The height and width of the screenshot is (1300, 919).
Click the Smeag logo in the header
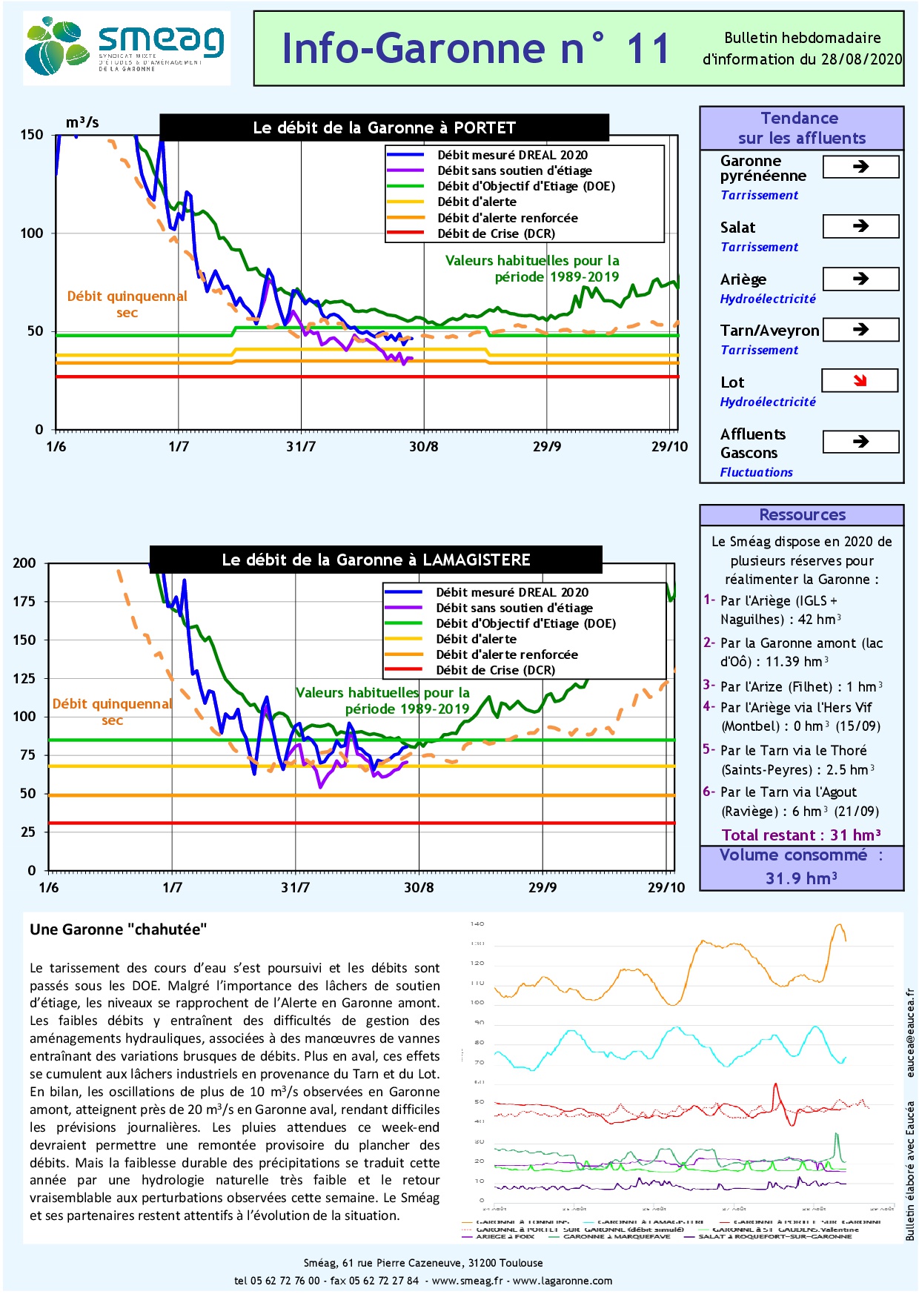point(126,48)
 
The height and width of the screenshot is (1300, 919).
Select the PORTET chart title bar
point(384,127)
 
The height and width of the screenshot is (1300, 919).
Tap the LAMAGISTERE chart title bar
point(376,560)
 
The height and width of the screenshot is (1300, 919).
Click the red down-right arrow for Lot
point(860,381)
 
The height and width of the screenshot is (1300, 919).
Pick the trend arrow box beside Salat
point(860,226)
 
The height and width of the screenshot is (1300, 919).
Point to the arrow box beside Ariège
point(860,279)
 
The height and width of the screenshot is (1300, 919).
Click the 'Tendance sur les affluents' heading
point(801,128)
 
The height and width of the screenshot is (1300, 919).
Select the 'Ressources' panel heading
point(802,515)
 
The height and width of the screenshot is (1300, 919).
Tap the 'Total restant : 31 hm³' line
point(801,835)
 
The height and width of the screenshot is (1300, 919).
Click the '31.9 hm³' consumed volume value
point(801,878)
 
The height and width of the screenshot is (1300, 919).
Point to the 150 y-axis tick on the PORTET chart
point(32,135)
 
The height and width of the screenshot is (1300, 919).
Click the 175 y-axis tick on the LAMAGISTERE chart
point(24,601)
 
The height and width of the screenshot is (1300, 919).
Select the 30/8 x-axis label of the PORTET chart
point(423,446)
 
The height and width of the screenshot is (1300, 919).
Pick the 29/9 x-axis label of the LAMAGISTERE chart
point(542,887)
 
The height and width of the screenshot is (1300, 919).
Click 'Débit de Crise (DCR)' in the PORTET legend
point(496,233)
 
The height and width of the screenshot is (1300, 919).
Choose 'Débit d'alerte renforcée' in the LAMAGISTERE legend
point(506,654)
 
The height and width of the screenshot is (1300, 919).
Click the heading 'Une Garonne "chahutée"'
point(119,929)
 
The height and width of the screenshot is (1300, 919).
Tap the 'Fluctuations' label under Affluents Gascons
point(756,472)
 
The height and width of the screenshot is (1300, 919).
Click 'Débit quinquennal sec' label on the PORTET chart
point(127,304)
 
